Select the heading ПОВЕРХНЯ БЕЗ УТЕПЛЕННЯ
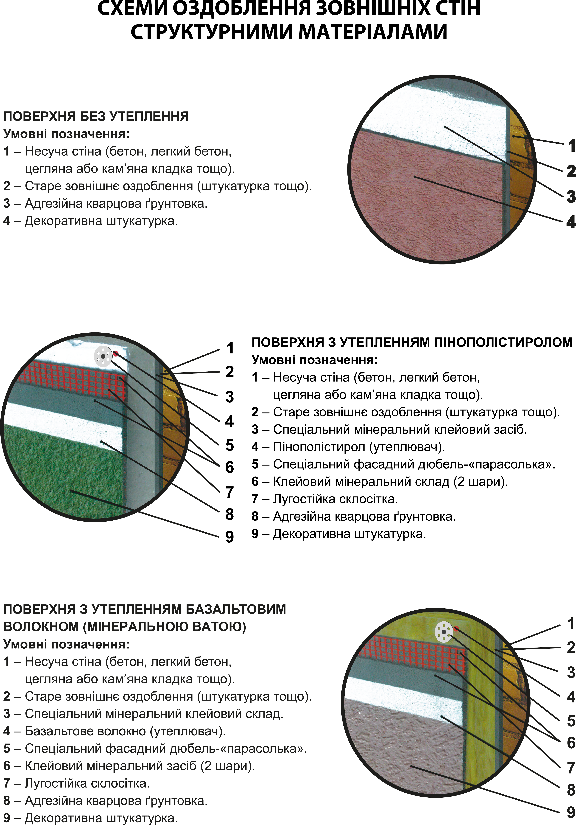pos(96,116)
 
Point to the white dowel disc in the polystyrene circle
pos(103,356)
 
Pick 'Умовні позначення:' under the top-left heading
pos(66,134)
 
